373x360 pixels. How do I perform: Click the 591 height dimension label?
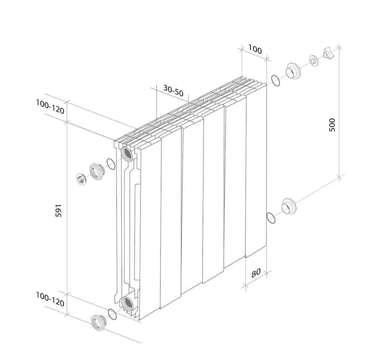point(59,211)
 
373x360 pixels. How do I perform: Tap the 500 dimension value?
point(332,125)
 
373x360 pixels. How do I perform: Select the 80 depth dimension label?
point(256,273)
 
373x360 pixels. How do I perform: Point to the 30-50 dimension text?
point(173,91)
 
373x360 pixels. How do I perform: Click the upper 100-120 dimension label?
point(50,107)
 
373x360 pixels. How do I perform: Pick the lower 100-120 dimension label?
point(50,299)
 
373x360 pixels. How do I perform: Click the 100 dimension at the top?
point(255,49)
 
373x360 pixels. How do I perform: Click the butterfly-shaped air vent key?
point(329,54)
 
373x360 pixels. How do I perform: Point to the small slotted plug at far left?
point(81,179)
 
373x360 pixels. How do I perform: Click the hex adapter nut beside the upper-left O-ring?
point(97,172)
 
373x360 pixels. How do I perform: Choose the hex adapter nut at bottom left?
point(99,323)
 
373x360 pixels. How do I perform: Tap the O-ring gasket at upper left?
point(111,164)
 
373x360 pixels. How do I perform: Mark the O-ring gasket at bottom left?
point(112,314)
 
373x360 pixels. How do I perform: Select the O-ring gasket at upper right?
point(275,80)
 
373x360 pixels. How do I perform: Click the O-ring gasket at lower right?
point(271,218)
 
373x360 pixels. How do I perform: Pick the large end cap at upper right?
point(293,71)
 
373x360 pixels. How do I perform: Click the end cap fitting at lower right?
point(289,206)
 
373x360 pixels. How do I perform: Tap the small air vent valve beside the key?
point(314,61)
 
